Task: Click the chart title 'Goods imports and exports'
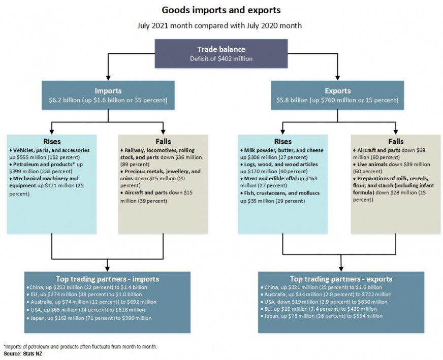click(220, 10)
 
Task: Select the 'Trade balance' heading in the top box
click(221, 50)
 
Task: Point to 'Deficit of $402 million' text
click(221, 59)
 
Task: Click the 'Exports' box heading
click(337, 91)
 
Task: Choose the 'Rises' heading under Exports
click(283, 142)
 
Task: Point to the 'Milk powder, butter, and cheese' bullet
click(282, 151)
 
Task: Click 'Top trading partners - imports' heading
click(107, 279)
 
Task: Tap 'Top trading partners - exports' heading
click(341, 279)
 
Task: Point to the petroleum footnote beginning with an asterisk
click(80, 346)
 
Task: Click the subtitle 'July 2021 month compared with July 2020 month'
click(220, 25)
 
